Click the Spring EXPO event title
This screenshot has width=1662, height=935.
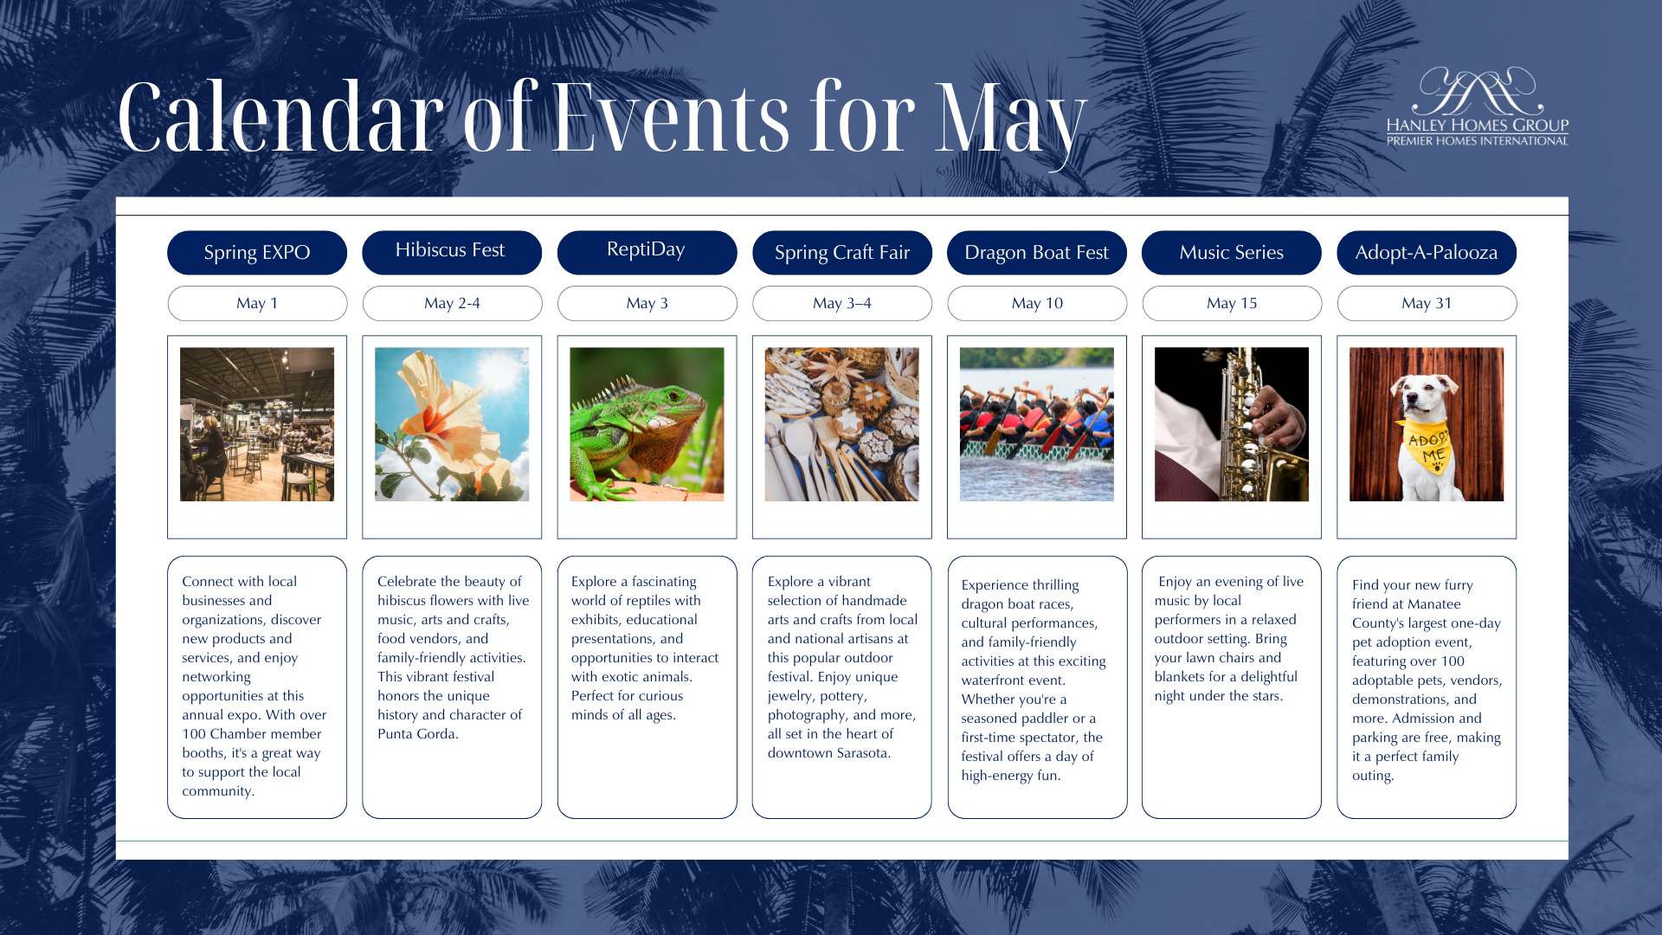257,253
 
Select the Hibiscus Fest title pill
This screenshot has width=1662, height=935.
452,253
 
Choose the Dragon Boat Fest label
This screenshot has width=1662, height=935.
1037,253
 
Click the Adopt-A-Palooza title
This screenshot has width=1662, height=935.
1427,253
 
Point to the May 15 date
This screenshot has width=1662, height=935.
1232,303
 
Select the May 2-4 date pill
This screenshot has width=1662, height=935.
452,303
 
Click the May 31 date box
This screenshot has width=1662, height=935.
1427,303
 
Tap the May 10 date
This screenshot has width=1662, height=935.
1037,303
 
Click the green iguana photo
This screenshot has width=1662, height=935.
647,424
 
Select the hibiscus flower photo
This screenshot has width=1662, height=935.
452,424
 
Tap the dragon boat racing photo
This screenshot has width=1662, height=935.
1037,424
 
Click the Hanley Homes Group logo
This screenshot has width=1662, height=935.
1478,106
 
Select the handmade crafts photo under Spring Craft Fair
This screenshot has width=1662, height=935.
842,424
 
